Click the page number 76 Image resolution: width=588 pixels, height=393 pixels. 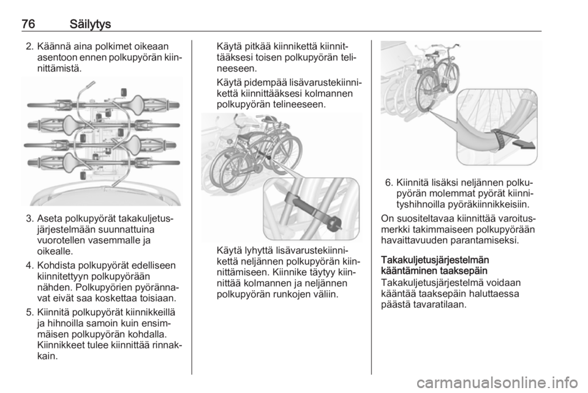coord(28,24)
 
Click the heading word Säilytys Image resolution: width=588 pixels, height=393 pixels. coord(91,24)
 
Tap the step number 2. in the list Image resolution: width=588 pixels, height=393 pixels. coord(30,47)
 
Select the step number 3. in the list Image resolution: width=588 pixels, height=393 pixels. coord(30,218)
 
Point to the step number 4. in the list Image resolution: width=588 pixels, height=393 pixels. coord(30,265)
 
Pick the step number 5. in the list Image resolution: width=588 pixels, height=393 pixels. coord(30,312)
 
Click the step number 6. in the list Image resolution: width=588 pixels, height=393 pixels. coord(390,182)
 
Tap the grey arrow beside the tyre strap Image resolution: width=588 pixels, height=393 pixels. coord(525,144)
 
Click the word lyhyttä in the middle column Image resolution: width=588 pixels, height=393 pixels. coord(258,250)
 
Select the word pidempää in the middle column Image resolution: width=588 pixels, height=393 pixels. coord(267,83)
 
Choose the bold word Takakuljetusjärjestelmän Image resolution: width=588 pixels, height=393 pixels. coord(435,260)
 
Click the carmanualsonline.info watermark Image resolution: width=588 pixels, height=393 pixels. coord(498,383)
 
